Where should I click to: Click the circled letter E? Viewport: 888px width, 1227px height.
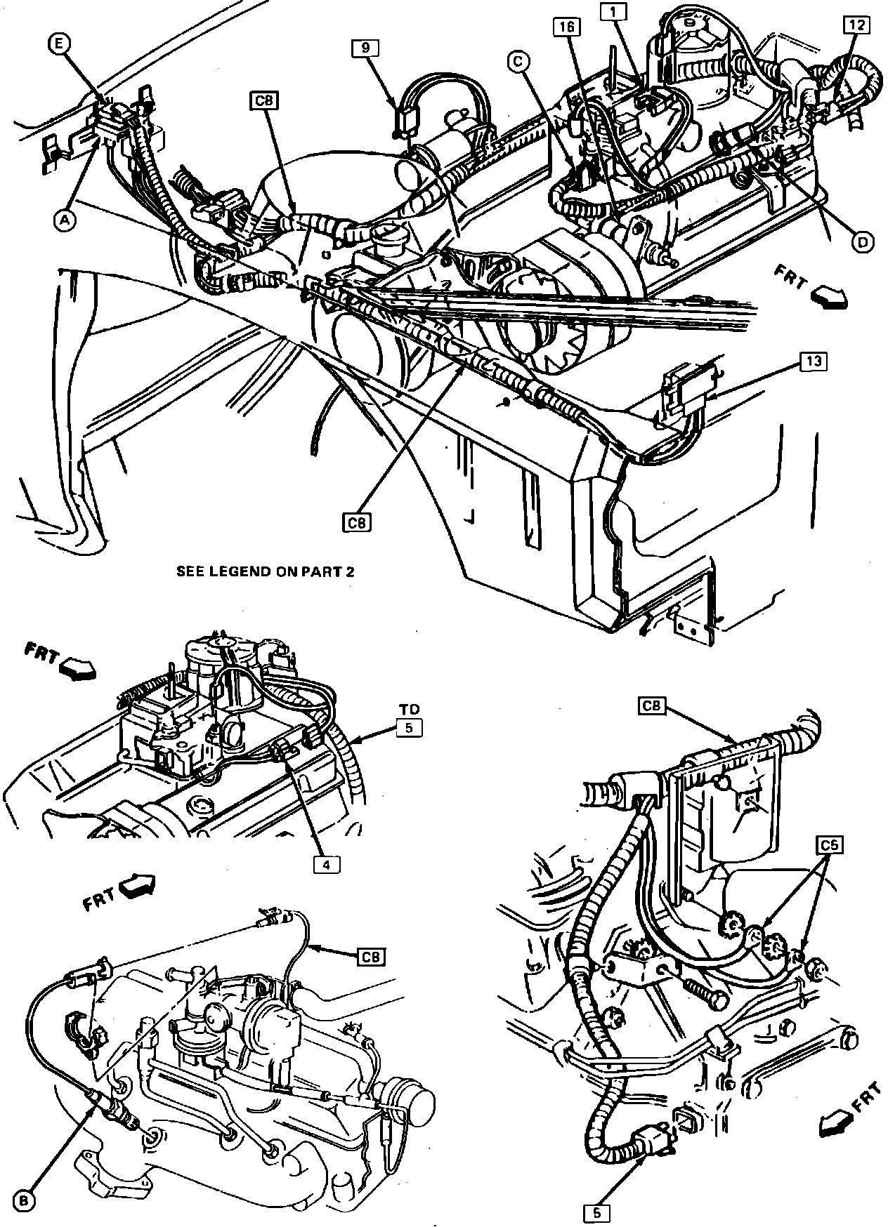tap(59, 44)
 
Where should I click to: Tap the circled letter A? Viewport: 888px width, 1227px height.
tap(64, 220)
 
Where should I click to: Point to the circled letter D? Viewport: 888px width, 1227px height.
tap(863, 241)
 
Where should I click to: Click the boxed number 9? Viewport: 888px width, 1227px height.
tap(365, 48)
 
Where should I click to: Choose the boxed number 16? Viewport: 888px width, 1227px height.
tap(567, 27)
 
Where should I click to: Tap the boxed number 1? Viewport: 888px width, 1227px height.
tap(613, 11)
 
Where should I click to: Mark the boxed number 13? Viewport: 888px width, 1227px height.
tap(813, 362)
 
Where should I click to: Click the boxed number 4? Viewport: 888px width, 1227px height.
tap(325, 865)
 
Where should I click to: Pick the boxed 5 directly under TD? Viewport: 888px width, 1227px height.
tap(408, 727)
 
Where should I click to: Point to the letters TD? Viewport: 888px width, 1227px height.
tap(408, 710)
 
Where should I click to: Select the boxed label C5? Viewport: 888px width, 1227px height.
tap(830, 844)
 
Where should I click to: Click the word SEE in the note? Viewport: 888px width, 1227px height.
tap(190, 571)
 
